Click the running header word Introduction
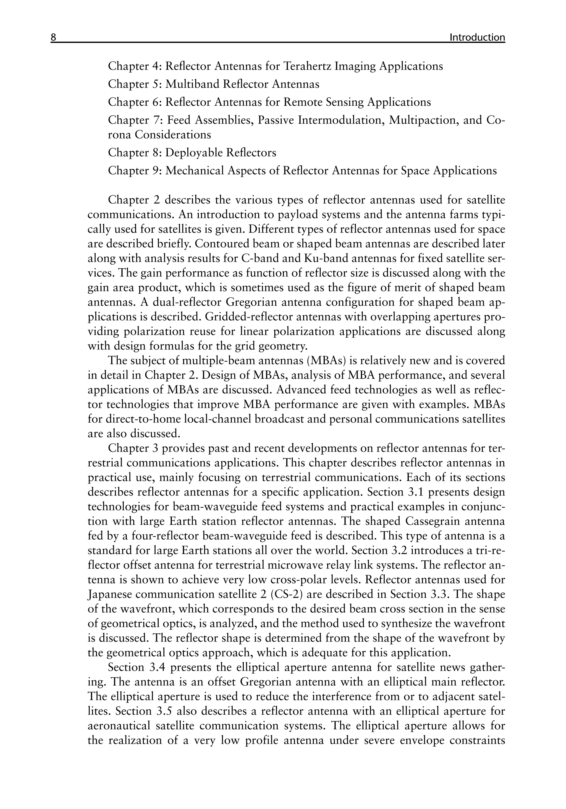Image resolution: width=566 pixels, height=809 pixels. pos(477,37)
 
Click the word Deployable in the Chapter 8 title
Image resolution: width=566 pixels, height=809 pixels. pos(194,153)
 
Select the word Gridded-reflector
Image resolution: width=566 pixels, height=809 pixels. pos(249,317)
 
